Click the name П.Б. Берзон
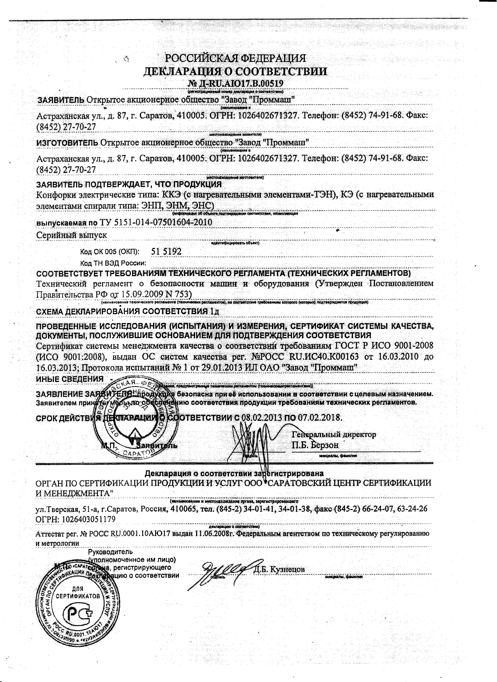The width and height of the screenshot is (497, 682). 315,445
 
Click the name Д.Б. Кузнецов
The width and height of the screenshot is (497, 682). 279,569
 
